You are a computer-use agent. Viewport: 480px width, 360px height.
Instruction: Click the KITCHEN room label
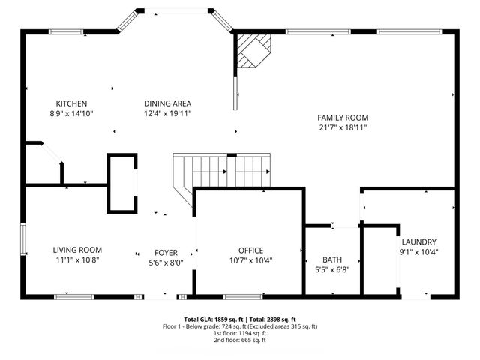[x=72, y=103]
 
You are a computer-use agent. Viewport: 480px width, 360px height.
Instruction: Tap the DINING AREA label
[x=168, y=103]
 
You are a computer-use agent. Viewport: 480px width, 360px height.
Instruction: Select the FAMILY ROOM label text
[x=343, y=118]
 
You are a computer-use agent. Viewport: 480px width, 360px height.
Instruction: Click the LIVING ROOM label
[x=77, y=250]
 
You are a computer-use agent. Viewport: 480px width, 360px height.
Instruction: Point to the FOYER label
[x=166, y=253]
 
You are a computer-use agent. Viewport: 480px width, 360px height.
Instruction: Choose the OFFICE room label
[x=250, y=250]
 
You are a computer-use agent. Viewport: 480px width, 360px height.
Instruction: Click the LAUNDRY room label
[x=418, y=241]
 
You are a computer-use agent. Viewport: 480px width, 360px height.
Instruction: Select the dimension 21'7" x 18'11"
[x=343, y=127]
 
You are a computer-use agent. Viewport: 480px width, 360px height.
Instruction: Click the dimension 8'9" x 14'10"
[x=72, y=113]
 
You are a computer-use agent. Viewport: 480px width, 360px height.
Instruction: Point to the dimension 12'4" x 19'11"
[x=168, y=113]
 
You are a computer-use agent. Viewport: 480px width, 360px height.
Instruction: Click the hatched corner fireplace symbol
[x=251, y=52]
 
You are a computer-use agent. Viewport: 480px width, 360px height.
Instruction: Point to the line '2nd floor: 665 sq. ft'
[x=239, y=340]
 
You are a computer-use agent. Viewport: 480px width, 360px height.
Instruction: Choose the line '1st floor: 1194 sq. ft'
[x=239, y=333]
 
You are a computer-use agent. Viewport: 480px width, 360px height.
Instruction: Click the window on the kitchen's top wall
[x=65, y=31]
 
